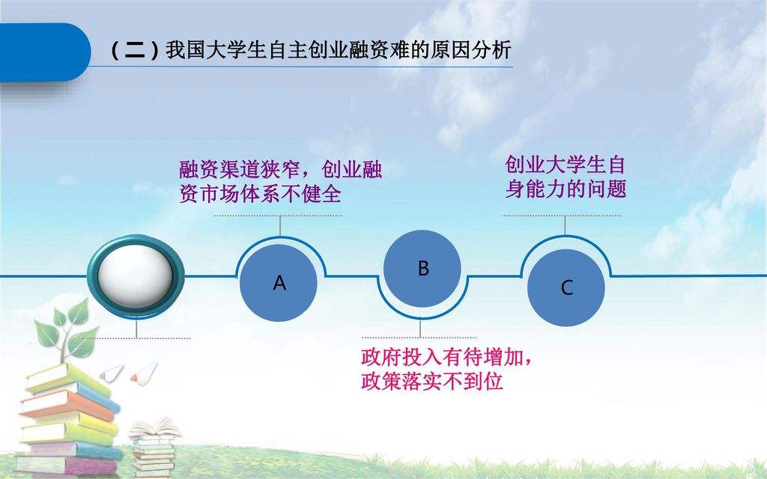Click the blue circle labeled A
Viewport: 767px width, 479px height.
pyautogui.click(x=279, y=283)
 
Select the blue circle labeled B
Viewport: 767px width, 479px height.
pyautogui.click(x=422, y=268)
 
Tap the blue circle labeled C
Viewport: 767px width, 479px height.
pyautogui.click(x=566, y=287)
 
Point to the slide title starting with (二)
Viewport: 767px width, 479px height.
pyautogui.click(x=310, y=51)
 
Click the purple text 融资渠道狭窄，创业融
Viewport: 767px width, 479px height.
pyautogui.click(x=280, y=170)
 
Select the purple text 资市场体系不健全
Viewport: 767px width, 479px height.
pyautogui.click(x=260, y=195)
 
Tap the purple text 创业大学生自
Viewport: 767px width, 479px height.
pyautogui.click(x=565, y=165)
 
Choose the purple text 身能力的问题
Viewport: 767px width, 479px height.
pyautogui.click(x=565, y=189)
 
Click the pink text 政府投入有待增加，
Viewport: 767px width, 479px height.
pyautogui.click(x=447, y=358)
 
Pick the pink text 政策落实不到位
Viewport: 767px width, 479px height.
pyautogui.click(x=431, y=382)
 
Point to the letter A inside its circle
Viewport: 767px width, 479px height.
pyautogui.click(x=279, y=284)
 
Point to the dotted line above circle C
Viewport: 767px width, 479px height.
pyautogui.click(x=561, y=216)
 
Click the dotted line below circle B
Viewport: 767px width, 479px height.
pyautogui.click(x=419, y=338)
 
